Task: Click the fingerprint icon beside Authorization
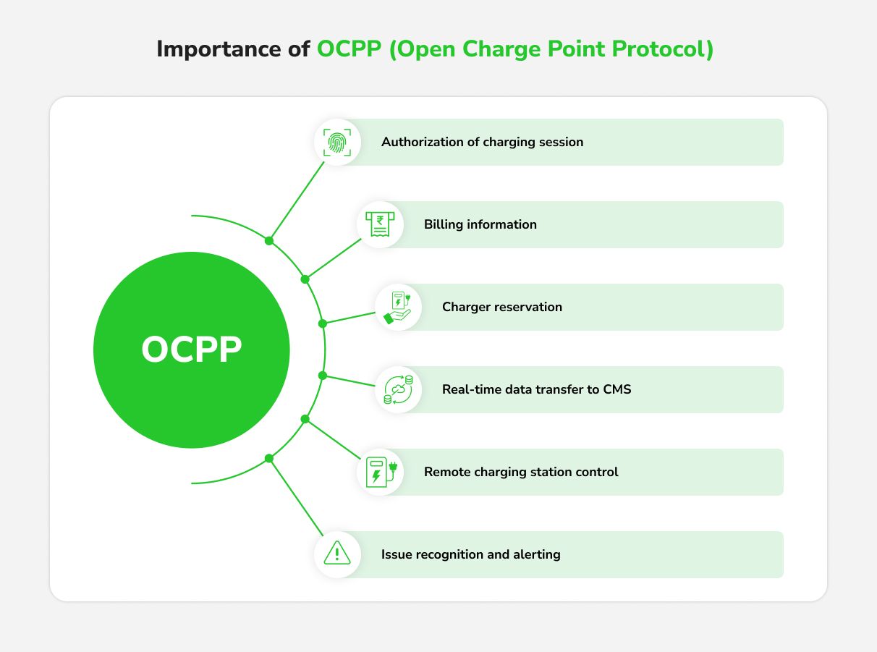337,142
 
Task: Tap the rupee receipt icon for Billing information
380,224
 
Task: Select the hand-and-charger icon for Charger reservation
397,308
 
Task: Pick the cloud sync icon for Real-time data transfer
398,390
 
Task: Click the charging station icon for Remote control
381,472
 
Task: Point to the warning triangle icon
337,553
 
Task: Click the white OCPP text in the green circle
191,349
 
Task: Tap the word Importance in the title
219,49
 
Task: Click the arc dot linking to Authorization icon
269,241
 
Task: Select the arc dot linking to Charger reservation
323,323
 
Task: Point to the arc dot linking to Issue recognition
269,458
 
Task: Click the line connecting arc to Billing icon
334,259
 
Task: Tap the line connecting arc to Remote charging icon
333,439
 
